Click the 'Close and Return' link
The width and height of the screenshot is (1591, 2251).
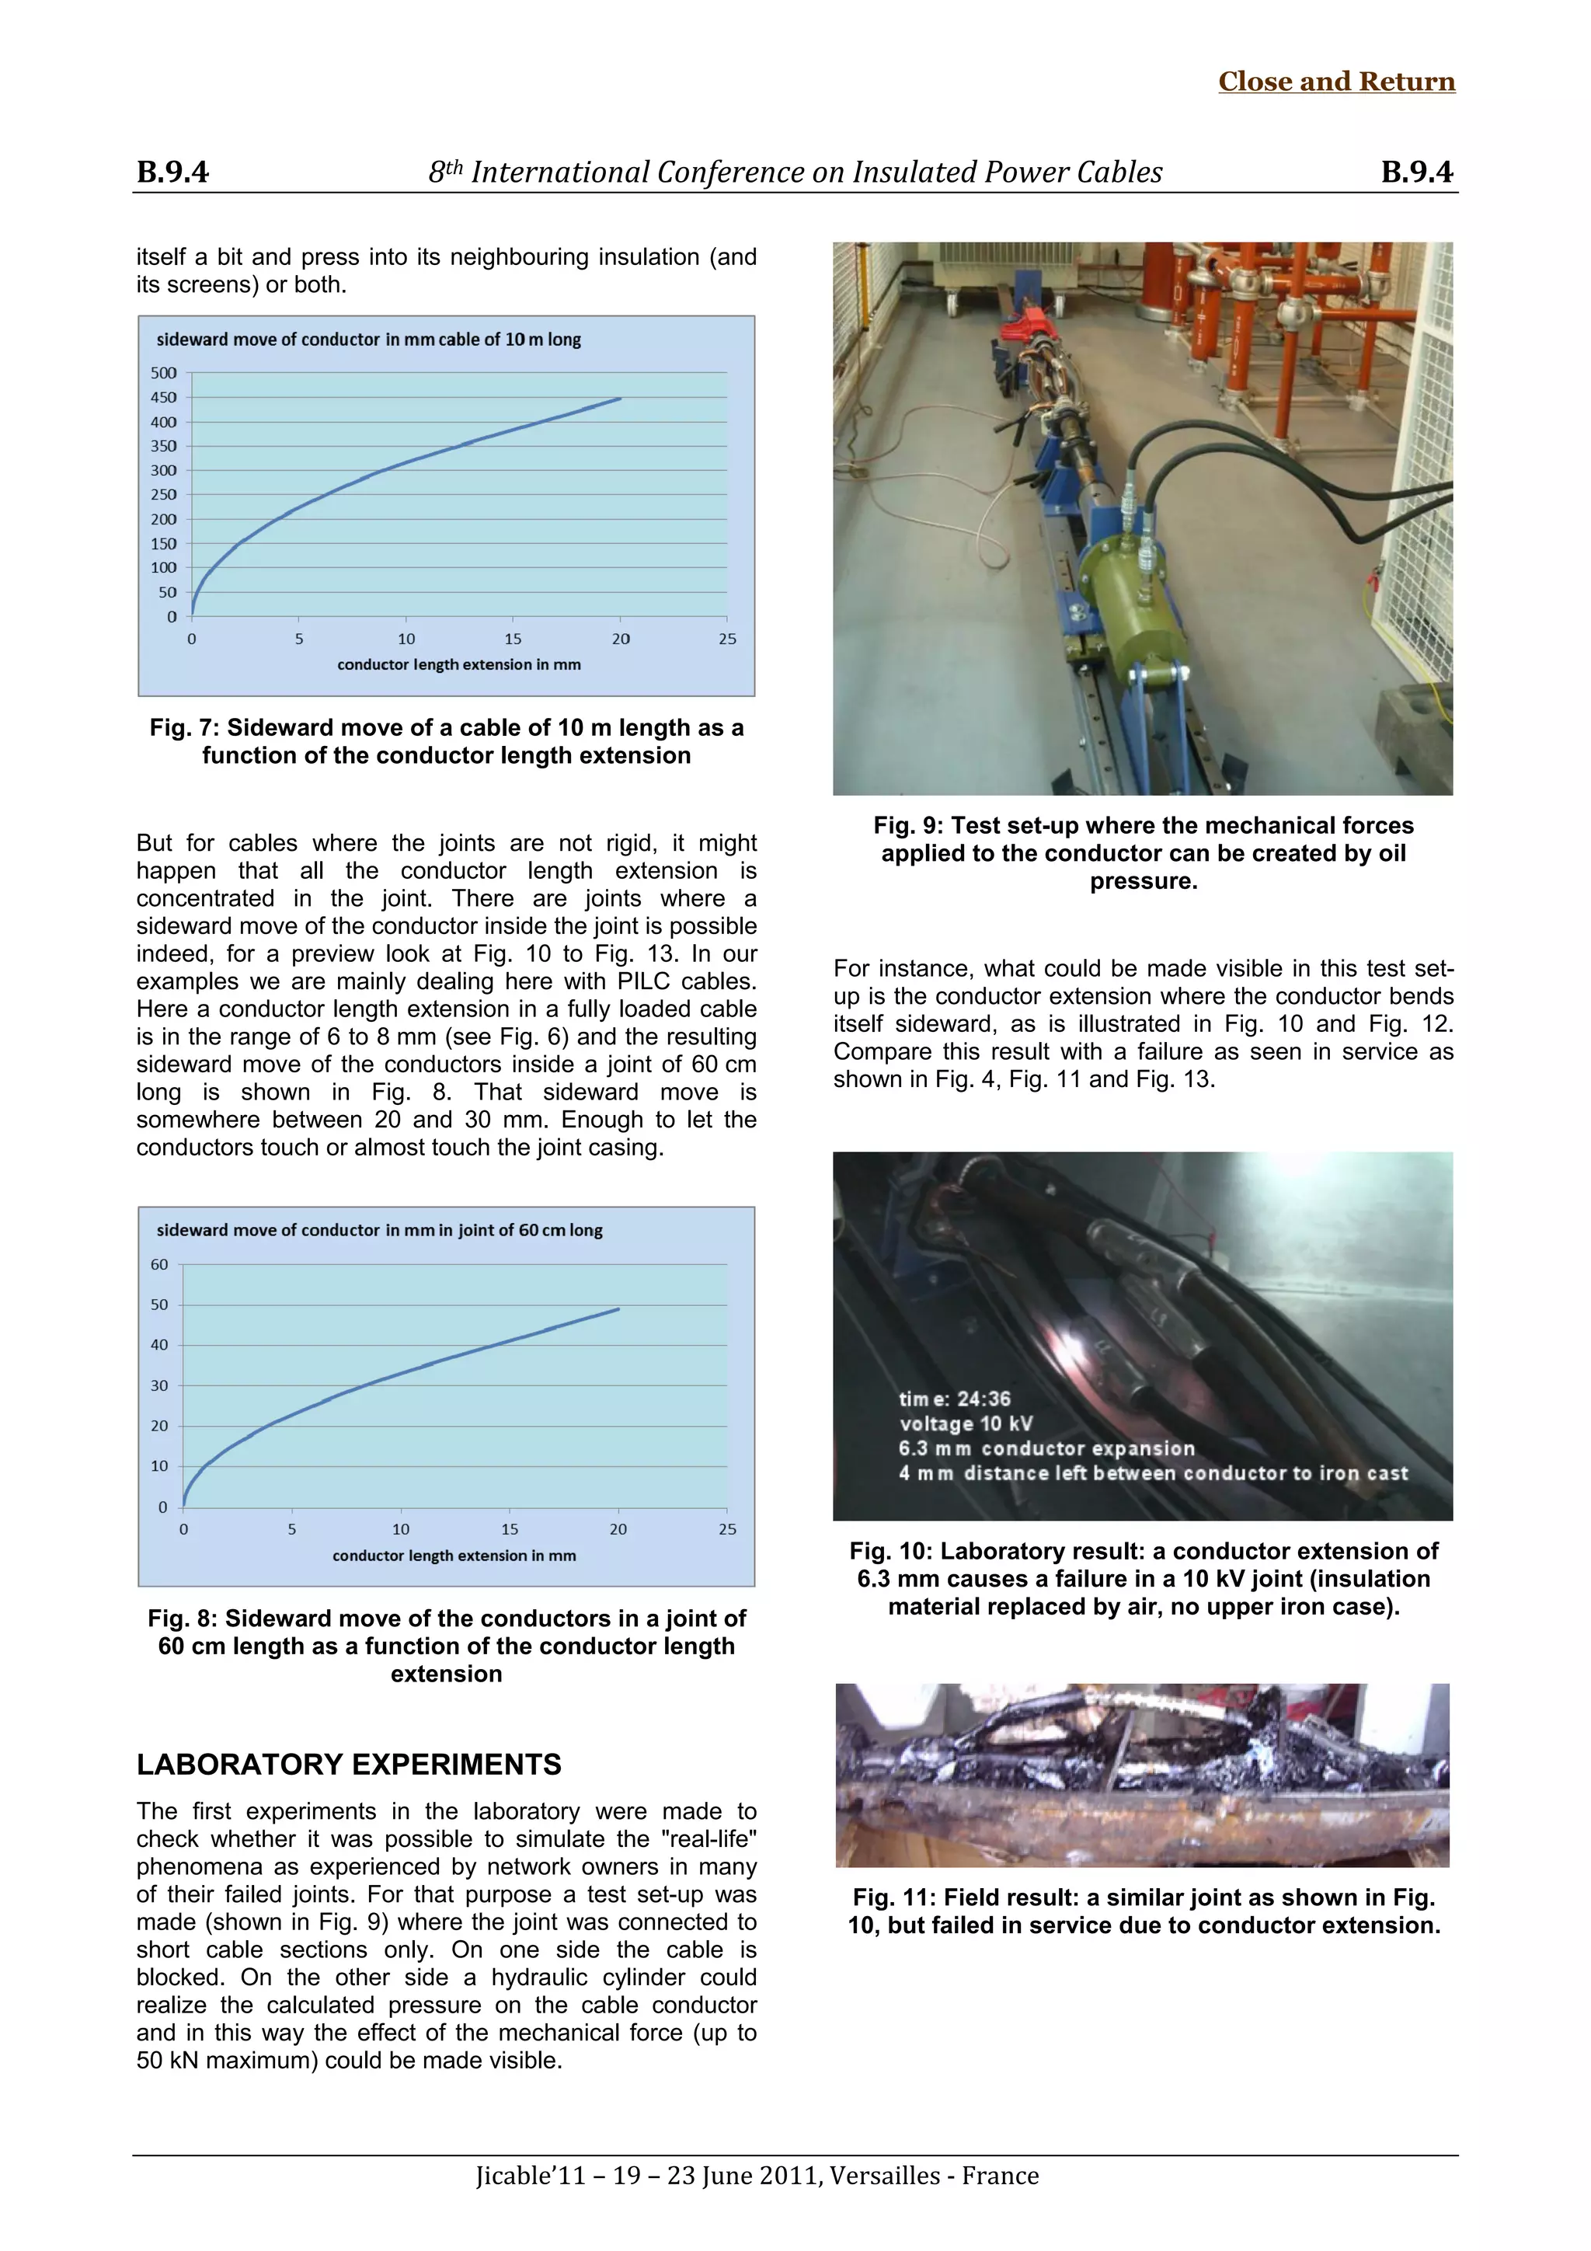(1336, 82)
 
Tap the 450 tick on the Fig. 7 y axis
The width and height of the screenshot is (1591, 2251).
(164, 397)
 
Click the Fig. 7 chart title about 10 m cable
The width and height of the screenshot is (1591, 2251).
(368, 340)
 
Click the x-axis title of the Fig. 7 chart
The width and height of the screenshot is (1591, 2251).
(459, 664)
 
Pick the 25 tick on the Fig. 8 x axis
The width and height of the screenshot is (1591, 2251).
(726, 1529)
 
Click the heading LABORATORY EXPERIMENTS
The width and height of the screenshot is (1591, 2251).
(349, 1765)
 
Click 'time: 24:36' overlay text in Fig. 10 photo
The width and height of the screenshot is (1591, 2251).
(955, 1399)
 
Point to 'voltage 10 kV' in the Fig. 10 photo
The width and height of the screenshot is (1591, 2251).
(966, 1423)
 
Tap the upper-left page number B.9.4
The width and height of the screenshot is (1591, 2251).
(172, 172)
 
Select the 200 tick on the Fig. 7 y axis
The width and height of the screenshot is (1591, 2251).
(164, 520)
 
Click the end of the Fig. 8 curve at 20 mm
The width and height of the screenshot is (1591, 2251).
(618, 1308)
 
